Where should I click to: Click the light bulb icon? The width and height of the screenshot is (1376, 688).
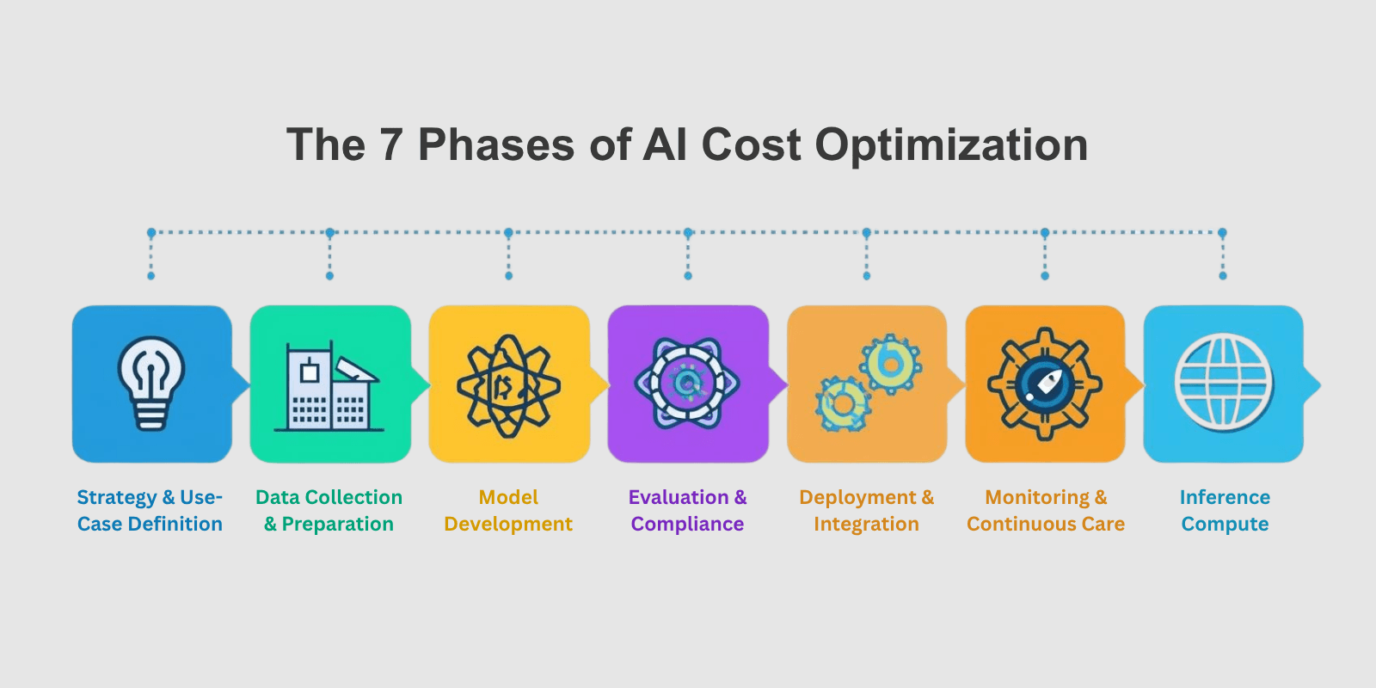pyautogui.click(x=151, y=383)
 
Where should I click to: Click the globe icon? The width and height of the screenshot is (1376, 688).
pyautogui.click(x=1224, y=384)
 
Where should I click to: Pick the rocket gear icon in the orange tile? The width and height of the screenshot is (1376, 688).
pyautogui.click(x=1044, y=384)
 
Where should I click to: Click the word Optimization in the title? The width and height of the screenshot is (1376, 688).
pyautogui.click(x=951, y=144)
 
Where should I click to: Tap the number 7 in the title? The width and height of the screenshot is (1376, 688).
pyautogui.click(x=390, y=144)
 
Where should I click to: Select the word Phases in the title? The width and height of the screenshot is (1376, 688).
pyautogui.click(x=496, y=144)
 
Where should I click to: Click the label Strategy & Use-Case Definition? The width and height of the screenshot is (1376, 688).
pyautogui.click(x=150, y=511)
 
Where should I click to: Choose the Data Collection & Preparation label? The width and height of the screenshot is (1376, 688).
pyautogui.click(x=329, y=511)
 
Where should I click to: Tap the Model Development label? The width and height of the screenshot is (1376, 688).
pyautogui.click(x=508, y=511)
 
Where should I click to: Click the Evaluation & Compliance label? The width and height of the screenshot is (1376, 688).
pyautogui.click(x=687, y=511)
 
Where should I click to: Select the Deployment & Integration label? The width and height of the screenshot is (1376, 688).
pyautogui.click(x=866, y=511)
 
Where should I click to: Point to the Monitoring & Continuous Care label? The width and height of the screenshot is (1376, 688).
pyautogui.click(x=1046, y=511)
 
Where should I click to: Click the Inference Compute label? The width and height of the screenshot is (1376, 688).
pyautogui.click(x=1225, y=511)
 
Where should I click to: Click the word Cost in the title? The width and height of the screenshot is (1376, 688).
pyautogui.click(x=751, y=144)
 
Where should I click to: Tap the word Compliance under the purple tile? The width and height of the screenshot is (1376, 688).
pyautogui.click(x=687, y=525)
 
